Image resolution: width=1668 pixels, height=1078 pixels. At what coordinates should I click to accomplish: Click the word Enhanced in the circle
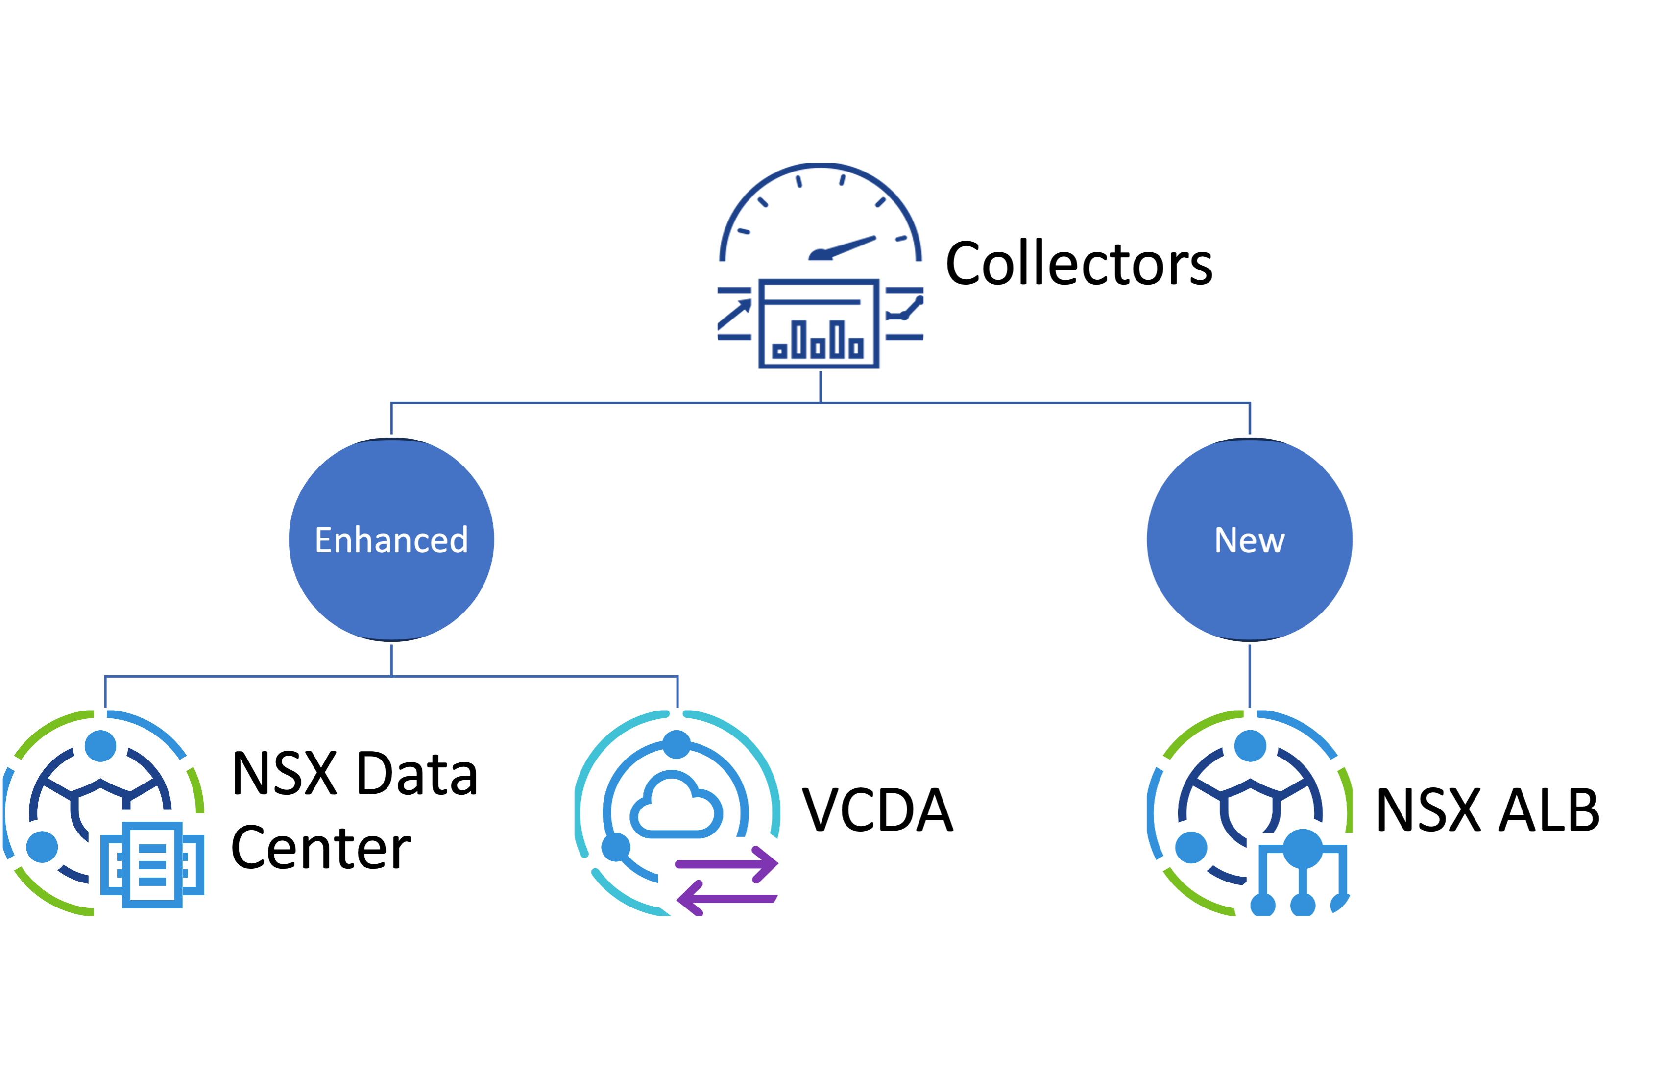391,540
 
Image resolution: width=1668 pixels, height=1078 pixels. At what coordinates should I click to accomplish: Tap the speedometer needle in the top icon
843,248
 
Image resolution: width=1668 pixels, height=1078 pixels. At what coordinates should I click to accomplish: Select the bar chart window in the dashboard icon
819,323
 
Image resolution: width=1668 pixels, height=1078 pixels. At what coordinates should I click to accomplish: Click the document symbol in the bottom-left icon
152,864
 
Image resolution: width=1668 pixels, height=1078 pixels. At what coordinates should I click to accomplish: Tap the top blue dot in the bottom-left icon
100,746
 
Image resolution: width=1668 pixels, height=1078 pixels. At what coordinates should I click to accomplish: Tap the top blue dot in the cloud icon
676,744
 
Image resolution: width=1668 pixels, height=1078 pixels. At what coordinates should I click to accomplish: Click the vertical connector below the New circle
1250,676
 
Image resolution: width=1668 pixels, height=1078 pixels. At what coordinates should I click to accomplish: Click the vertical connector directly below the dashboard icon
820,387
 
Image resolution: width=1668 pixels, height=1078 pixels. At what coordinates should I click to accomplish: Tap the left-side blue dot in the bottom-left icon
42,847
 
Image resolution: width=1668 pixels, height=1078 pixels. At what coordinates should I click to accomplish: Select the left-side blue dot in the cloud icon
616,847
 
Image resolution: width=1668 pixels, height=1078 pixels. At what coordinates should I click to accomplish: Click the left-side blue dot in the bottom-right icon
1191,848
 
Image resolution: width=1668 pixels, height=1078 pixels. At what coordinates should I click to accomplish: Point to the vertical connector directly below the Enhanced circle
391,660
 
